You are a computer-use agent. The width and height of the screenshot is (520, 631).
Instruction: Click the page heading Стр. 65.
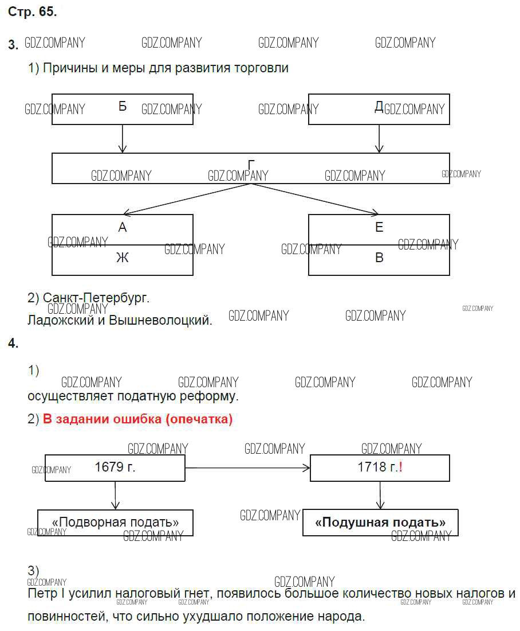(x=32, y=12)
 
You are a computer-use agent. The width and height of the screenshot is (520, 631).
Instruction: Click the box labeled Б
(x=122, y=109)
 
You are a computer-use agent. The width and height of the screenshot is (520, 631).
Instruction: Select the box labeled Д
(x=379, y=109)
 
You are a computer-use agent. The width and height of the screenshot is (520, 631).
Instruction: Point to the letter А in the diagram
(x=122, y=228)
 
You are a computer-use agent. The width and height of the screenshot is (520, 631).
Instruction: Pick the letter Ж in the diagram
(x=122, y=258)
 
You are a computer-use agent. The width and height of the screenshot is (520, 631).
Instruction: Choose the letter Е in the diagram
(x=379, y=228)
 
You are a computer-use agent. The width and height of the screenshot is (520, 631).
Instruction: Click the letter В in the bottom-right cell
(x=379, y=258)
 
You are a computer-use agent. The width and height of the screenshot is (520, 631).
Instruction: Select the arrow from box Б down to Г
(x=122, y=139)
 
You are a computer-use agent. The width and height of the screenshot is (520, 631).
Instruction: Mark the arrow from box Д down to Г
(x=379, y=139)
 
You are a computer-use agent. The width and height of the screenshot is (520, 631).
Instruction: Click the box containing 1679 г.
(x=115, y=468)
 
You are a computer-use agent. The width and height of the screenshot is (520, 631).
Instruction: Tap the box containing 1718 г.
(x=379, y=468)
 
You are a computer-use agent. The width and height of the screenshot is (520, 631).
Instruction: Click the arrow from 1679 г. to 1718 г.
(x=247, y=468)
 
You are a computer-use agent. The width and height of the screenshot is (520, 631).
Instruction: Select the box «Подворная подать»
(x=115, y=523)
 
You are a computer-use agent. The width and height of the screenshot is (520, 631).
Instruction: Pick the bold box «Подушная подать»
(x=380, y=523)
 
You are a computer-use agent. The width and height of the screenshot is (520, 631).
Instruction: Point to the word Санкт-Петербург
(x=95, y=298)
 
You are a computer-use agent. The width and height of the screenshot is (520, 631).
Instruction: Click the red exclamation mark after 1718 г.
(x=401, y=467)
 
